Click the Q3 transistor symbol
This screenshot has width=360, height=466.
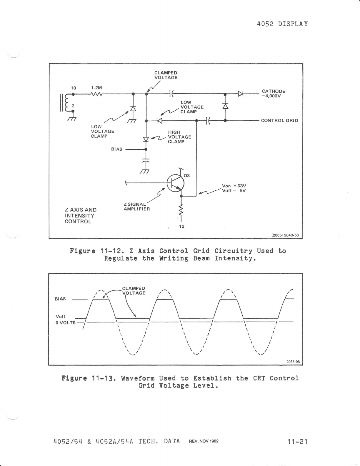(176, 183)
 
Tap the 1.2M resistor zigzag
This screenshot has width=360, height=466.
(96, 94)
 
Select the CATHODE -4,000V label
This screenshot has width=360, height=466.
(273, 94)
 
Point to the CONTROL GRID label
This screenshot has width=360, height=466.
(279, 120)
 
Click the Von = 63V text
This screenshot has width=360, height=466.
(234, 186)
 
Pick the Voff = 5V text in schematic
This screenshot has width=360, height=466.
(234, 191)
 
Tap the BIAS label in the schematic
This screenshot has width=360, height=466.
(116, 149)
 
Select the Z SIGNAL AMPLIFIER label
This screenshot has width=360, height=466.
(136, 207)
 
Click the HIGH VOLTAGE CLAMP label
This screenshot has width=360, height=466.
(179, 137)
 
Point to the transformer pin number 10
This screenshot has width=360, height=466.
(74, 88)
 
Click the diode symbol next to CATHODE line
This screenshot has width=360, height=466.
(241, 94)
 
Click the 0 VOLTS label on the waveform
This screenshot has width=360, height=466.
(66, 322)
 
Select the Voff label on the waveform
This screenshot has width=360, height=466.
(60, 317)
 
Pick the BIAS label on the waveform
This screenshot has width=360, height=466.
(60, 299)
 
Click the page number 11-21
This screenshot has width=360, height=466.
(298, 441)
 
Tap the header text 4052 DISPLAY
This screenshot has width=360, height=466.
(282, 24)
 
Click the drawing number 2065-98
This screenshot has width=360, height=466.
(293, 362)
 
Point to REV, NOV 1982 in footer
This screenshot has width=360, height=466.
(204, 441)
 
